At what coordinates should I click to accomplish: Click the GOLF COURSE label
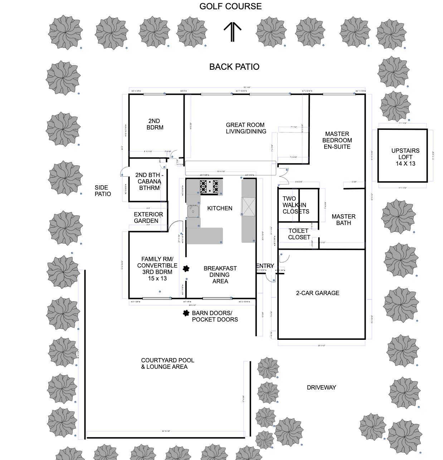(x=230, y=6)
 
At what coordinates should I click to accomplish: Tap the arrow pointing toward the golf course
(x=233, y=31)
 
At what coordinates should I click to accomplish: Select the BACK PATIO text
(x=234, y=67)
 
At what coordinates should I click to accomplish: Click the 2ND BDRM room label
(x=155, y=124)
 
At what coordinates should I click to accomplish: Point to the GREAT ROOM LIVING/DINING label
(x=246, y=128)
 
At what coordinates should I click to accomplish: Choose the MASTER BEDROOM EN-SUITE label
(x=337, y=140)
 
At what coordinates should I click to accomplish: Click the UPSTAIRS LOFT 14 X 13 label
(x=405, y=157)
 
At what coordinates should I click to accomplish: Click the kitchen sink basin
(x=193, y=211)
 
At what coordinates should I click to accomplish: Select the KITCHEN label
(x=220, y=208)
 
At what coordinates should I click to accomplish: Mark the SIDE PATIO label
(x=103, y=191)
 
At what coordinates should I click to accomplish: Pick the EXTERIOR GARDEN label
(x=148, y=217)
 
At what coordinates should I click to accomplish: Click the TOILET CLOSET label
(x=299, y=234)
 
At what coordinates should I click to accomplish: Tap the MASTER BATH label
(x=343, y=220)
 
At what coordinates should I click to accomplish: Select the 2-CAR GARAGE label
(x=317, y=293)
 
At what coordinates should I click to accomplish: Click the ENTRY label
(x=265, y=266)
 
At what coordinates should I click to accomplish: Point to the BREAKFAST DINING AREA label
(x=220, y=275)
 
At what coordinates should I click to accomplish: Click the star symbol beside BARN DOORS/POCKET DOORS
(x=186, y=313)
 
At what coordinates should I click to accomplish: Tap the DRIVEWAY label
(x=321, y=387)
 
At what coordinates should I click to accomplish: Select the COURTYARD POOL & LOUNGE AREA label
(x=167, y=363)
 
